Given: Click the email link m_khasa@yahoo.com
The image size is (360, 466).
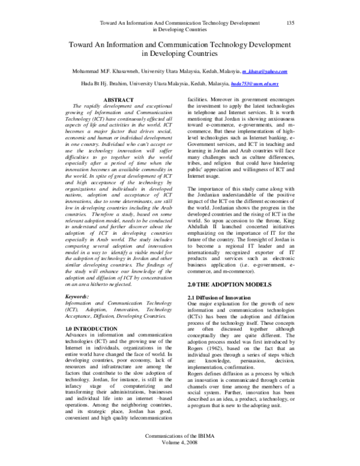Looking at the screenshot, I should [x=265, y=71].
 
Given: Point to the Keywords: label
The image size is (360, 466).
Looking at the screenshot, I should [x=79, y=297].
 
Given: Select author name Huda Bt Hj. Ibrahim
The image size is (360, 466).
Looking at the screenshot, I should [x=95, y=84].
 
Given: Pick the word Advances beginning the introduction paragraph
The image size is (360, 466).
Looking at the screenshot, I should [x=77, y=336].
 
